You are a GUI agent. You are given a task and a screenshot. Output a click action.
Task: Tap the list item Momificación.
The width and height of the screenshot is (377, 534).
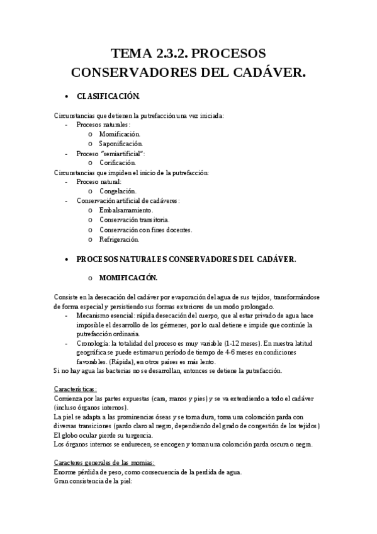tap(120, 134)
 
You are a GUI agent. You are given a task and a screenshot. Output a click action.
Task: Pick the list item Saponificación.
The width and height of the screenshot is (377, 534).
tap(121, 144)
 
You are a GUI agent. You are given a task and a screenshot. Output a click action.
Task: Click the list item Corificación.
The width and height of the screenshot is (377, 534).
tap(118, 163)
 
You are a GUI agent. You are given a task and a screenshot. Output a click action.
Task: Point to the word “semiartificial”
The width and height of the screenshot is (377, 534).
tap(122, 154)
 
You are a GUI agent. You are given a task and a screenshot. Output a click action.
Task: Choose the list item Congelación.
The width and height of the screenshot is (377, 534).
tap(118, 191)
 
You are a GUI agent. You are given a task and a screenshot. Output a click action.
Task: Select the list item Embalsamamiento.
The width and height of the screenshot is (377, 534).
tap(126, 210)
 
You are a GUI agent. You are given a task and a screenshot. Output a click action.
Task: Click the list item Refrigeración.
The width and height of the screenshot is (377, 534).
tap(119, 239)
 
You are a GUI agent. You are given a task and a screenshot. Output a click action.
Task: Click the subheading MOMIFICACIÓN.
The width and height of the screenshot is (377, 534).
tap(128, 278)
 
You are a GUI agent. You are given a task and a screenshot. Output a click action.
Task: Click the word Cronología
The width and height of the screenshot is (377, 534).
tap(92, 344)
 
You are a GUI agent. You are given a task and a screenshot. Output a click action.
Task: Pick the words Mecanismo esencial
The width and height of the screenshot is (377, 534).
tap(104, 315)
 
